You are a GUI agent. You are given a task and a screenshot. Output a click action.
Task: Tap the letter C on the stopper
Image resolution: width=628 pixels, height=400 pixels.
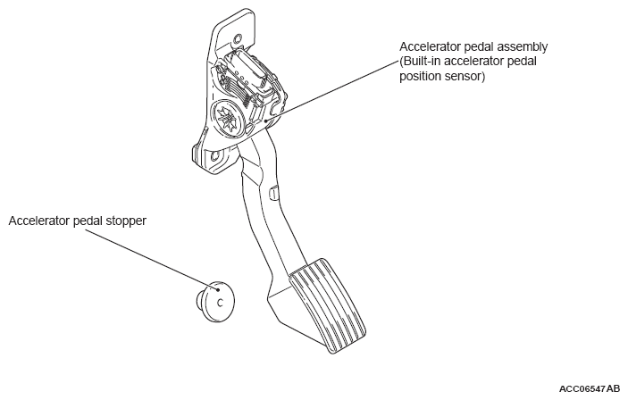219,302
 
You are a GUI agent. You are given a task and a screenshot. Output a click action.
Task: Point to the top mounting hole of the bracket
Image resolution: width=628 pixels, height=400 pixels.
238,38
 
